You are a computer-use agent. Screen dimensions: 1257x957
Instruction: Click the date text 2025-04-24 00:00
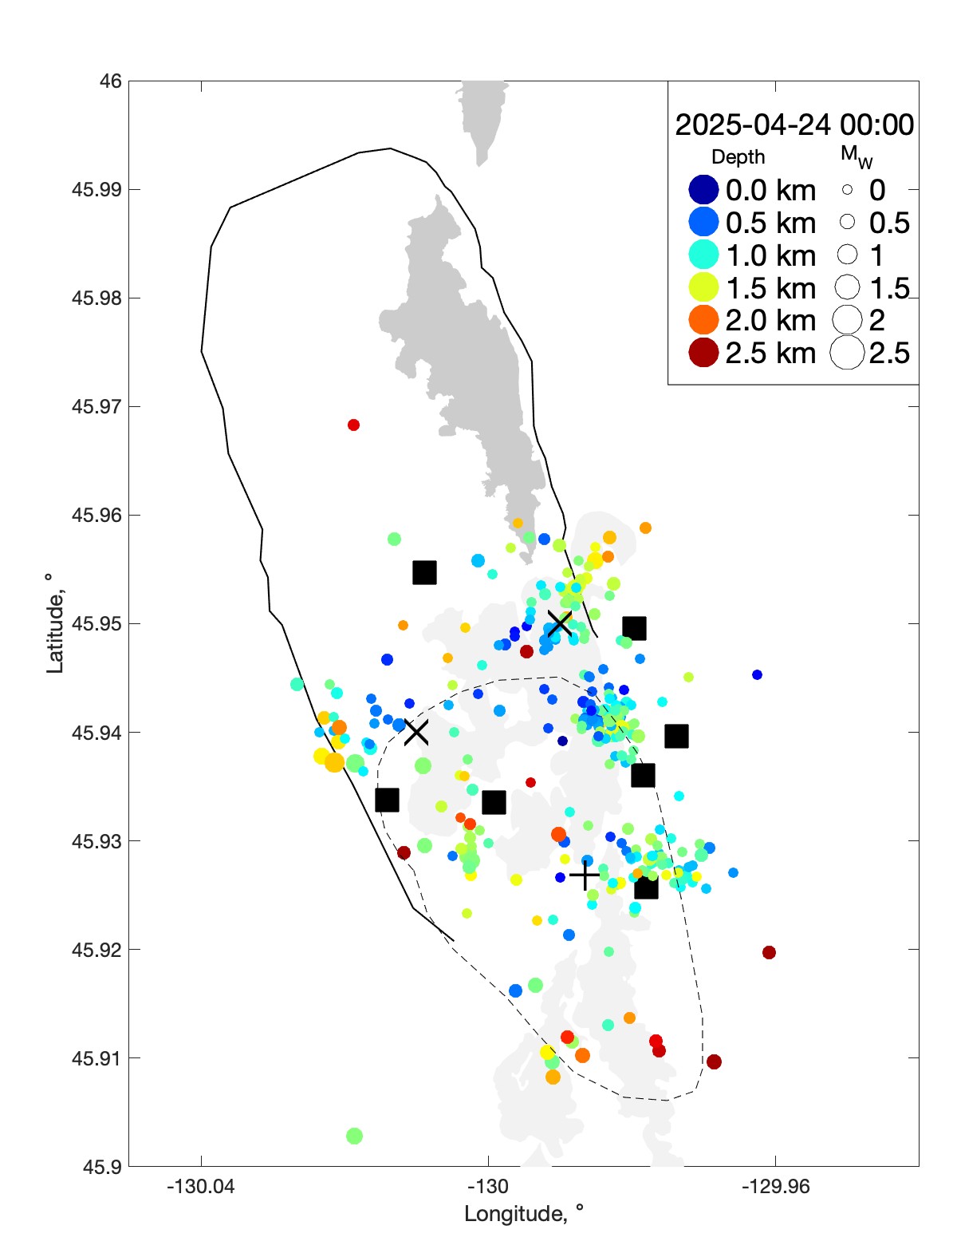(x=794, y=125)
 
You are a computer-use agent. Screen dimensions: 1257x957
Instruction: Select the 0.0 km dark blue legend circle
(x=703, y=190)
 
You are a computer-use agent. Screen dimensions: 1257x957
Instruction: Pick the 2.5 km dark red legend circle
(x=703, y=353)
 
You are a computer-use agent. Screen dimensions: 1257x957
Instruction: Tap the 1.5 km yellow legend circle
(x=703, y=287)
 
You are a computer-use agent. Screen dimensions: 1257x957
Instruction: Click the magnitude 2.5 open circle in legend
(x=847, y=353)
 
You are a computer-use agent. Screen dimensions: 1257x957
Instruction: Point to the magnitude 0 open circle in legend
(x=847, y=190)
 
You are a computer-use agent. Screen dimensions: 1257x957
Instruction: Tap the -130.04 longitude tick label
(x=201, y=1186)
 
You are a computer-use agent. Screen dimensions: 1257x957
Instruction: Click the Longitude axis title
(x=524, y=1214)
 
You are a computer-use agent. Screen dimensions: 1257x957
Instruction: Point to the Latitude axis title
(x=54, y=623)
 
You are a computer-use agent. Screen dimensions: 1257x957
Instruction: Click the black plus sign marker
(x=585, y=876)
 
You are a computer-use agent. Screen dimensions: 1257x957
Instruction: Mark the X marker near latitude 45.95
(x=560, y=623)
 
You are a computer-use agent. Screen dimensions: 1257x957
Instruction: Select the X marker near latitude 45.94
(x=415, y=732)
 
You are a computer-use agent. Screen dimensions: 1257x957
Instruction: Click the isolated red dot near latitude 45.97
(x=353, y=425)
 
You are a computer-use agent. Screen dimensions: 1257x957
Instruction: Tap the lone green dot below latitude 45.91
(x=355, y=1136)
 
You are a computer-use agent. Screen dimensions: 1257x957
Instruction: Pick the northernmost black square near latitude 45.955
(x=424, y=572)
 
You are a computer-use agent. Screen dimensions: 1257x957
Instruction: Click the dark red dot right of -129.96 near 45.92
(x=769, y=952)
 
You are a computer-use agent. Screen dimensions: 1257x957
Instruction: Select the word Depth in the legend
(x=738, y=157)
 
